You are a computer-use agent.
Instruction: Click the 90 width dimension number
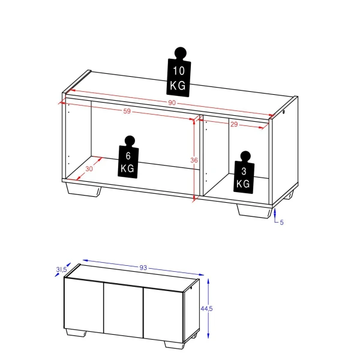pyautogui.click(x=172, y=103)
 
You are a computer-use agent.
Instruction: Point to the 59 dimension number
pyautogui.click(x=127, y=112)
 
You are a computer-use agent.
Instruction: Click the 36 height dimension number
pyautogui.click(x=193, y=160)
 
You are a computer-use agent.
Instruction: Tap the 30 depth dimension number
pyautogui.click(x=89, y=169)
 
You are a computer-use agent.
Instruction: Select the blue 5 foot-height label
pyautogui.click(x=281, y=223)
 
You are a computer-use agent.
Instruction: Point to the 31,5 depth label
pyautogui.click(x=61, y=270)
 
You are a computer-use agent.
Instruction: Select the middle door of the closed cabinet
pyautogui.click(x=123, y=307)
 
